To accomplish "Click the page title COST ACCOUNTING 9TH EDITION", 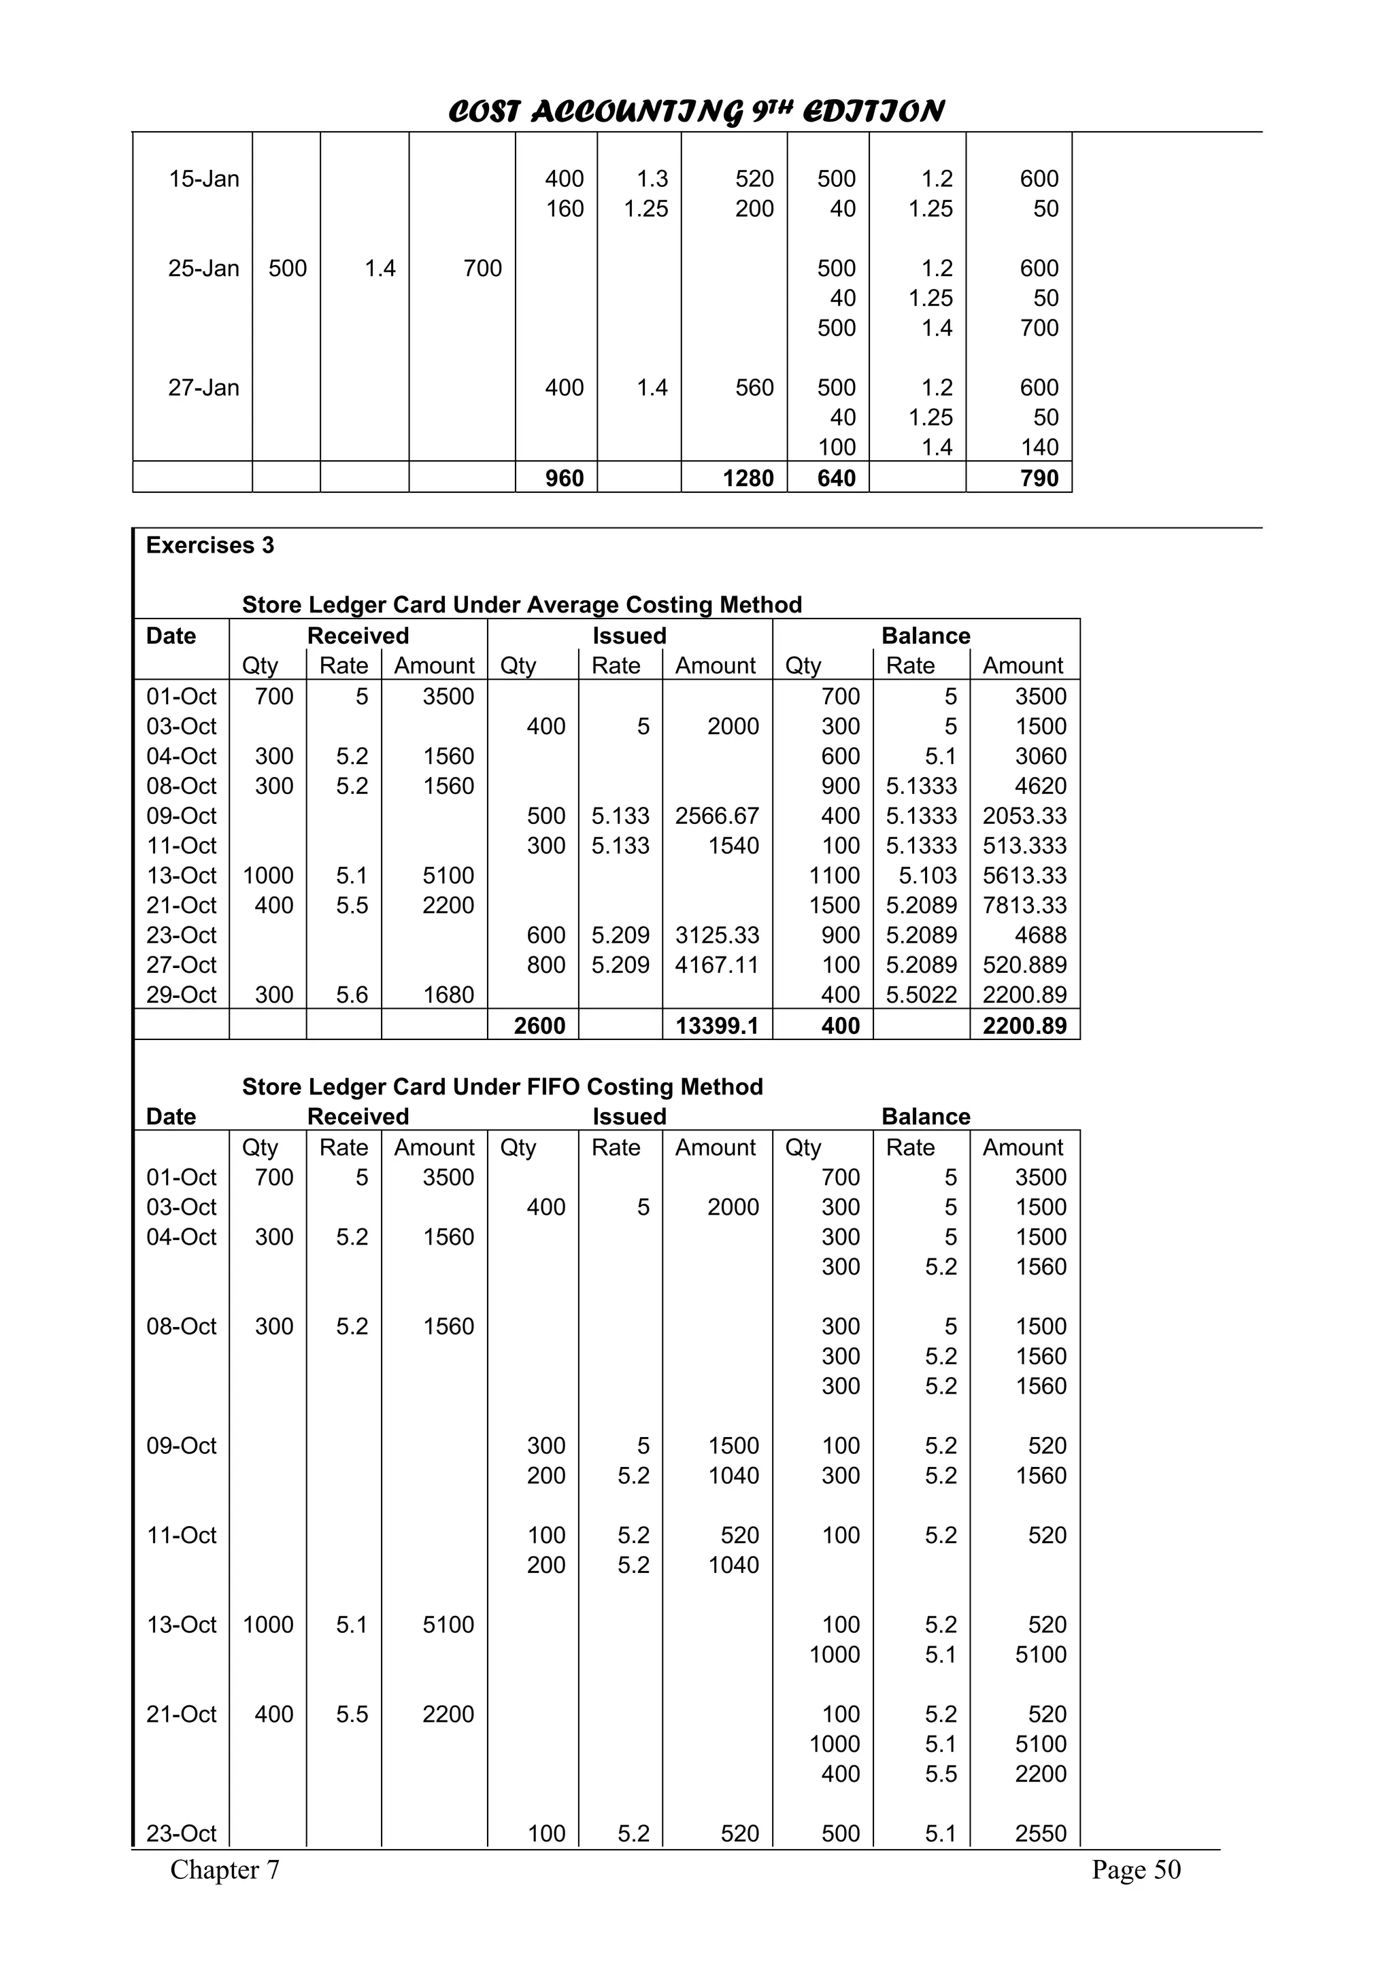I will tap(696, 111).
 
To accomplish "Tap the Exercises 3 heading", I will tap(209, 546).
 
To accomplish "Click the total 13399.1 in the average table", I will tap(718, 1026).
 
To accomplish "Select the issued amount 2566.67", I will tap(717, 816).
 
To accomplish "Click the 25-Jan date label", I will tap(203, 269).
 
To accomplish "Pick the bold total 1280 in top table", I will tap(748, 479).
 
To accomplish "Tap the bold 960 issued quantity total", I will tap(564, 479).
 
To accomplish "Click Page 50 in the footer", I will tap(1135, 1869).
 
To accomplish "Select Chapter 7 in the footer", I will tap(225, 1869).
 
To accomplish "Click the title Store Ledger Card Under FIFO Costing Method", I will tap(502, 1087).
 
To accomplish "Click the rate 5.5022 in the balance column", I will tap(921, 995).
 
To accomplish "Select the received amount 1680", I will tap(448, 995).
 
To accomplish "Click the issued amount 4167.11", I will tap(717, 965).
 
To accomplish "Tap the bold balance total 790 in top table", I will tap(1039, 479).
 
